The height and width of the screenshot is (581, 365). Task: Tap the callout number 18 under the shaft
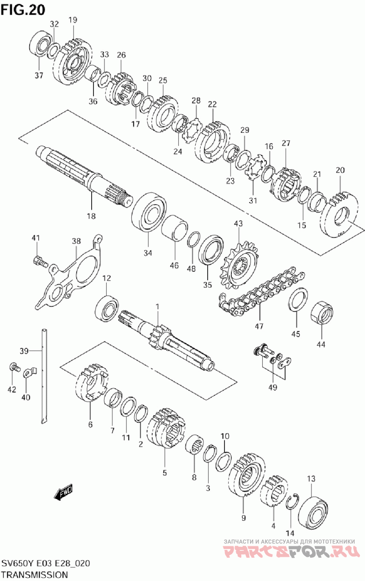pos(91,216)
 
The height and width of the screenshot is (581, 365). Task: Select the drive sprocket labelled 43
pos(239,265)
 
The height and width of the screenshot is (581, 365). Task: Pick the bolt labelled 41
pos(40,262)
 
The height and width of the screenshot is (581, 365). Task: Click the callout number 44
pos(321,344)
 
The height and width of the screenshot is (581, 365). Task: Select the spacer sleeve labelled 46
pos(175,230)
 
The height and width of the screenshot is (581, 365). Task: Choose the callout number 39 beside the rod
pos(24,351)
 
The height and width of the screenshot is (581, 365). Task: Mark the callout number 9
pos(244,518)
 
